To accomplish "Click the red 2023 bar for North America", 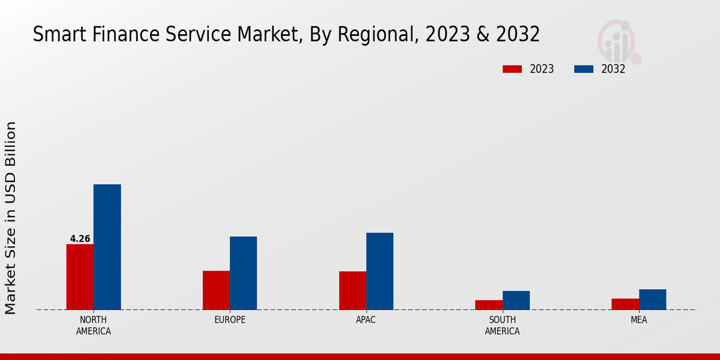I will pyautogui.click(x=80, y=277).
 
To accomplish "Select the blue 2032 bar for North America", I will pyautogui.click(x=107, y=247).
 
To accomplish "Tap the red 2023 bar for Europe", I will pyautogui.click(x=216, y=290).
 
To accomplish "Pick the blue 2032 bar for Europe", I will pyautogui.click(x=243, y=273).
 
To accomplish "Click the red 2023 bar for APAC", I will pyautogui.click(x=352, y=290).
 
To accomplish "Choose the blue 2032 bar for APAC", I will pyautogui.click(x=380, y=271).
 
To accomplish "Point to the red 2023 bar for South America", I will pyautogui.click(x=488, y=305).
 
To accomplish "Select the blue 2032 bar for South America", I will pyautogui.click(x=516, y=300).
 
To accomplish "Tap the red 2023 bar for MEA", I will pyautogui.click(x=625, y=304).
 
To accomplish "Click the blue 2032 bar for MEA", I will pyautogui.click(x=652, y=299).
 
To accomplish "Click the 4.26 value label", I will pyautogui.click(x=80, y=239).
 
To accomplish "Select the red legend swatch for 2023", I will pyautogui.click(x=512, y=69).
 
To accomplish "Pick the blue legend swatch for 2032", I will pyautogui.click(x=583, y=69).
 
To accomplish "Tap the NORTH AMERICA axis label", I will pyautogui.click(x=94, y=325).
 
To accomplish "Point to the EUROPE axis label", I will pyautogui.click(x=230, y=320).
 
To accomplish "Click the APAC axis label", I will pyautogui.click(x=366, y=320).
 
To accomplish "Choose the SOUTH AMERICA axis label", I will pyautogui.click(x=502, y=325).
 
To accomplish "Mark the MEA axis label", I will pyautogui.click(x=638, y=320).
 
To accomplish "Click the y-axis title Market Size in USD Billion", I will pyautogui.click(x=11, y=217).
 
